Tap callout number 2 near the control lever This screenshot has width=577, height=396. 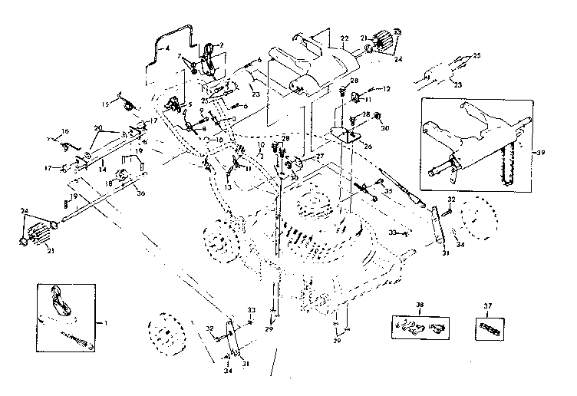coord(221,45)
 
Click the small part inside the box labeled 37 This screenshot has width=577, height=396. coord(486,330)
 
